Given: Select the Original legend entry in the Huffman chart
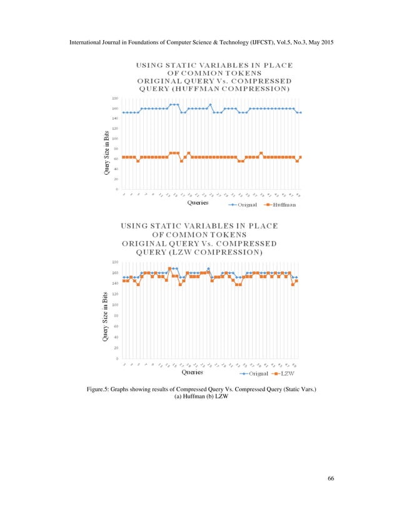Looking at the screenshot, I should tap(247, 204).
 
